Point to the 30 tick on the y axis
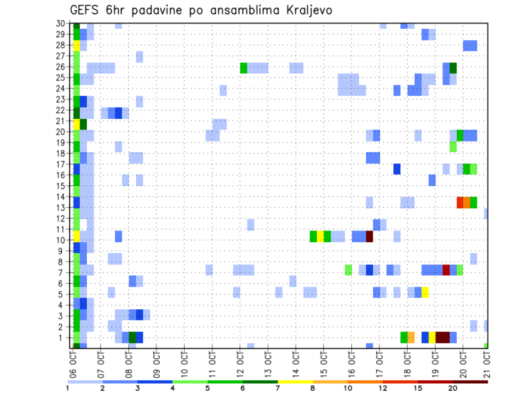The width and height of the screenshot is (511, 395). click(61, 23)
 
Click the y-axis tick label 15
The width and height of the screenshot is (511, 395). click(61, 186)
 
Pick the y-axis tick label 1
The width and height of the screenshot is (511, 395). click(63, 338)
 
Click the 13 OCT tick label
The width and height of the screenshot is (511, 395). click(268, 363)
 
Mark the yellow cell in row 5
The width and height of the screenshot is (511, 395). click(425, 292)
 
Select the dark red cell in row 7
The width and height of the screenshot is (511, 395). click(446, 270)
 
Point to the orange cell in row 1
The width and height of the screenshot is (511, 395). click(411, 338)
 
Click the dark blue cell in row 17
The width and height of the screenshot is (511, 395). click(397, 169)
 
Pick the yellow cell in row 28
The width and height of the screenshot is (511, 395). click(76, 46)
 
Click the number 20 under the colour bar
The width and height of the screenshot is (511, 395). click(452, 388)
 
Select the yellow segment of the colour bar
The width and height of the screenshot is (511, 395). click(295, 381)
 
